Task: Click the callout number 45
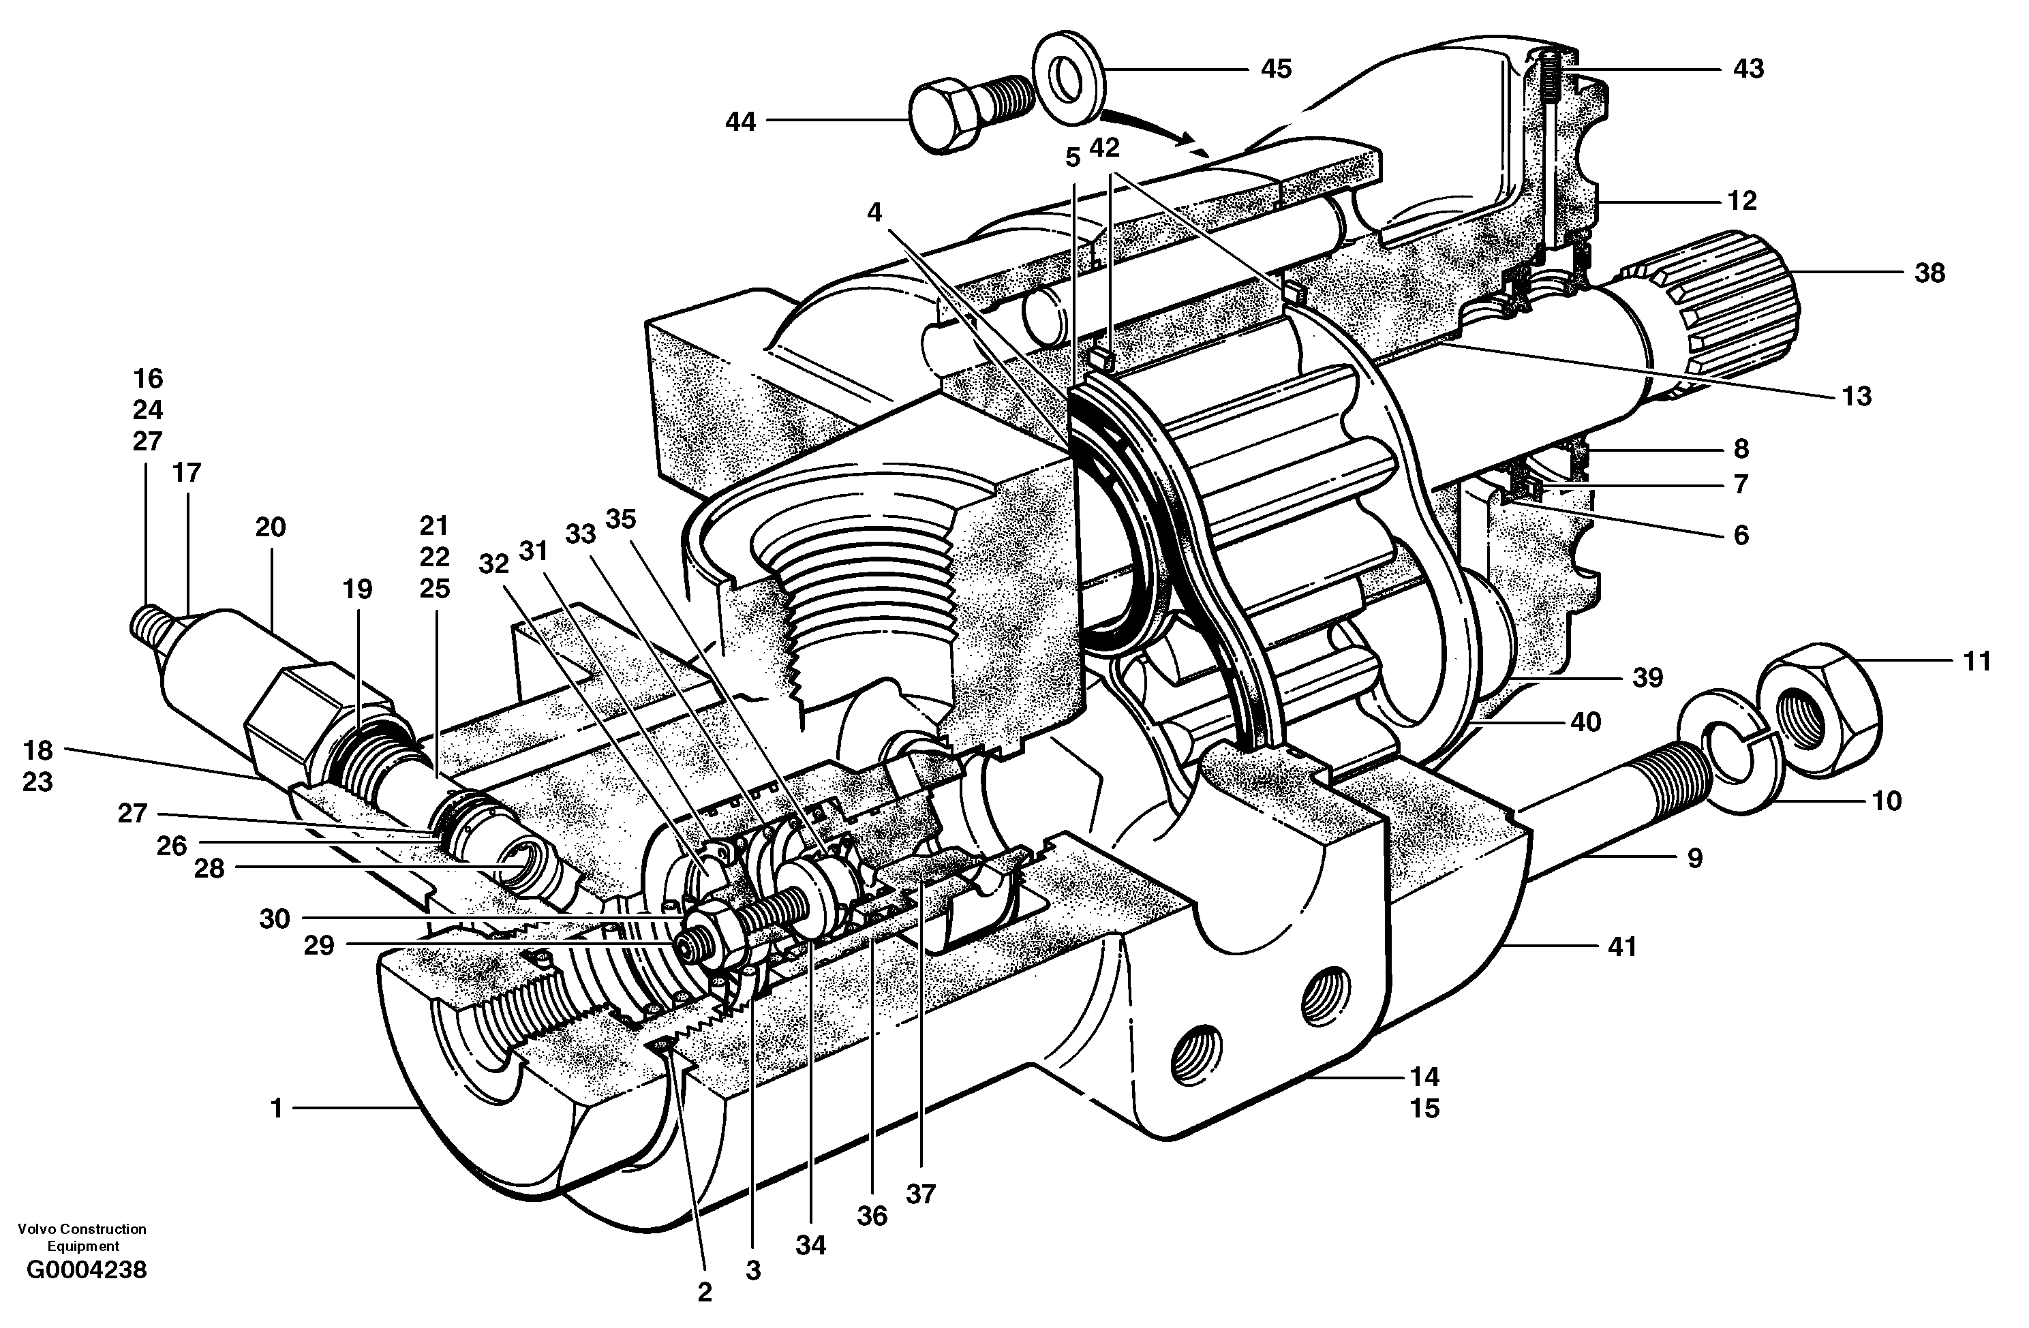pyautogui.click(x=1277, y=68)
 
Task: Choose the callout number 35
pyautogui.click(x=621, y=519)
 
